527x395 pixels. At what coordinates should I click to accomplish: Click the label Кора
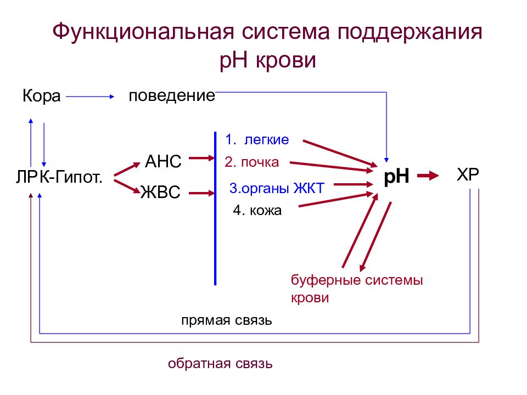[x=41, y=97]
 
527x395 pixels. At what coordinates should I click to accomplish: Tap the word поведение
[x=172, y=96]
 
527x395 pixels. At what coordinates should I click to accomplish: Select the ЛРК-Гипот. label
[x=59, y=177]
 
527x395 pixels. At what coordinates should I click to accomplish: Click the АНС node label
[x=163, y=161]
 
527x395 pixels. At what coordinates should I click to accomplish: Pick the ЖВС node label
[x=160, y=192]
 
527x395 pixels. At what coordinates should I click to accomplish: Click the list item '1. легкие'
[x=257, y=140]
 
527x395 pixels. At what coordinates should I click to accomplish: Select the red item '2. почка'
[x=251, y=162]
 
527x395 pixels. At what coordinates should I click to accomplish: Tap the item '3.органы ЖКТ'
[x=277, y=188]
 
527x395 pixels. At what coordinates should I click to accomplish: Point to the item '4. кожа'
[x=257, y=211]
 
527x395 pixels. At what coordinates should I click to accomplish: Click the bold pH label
[x=396, y=176]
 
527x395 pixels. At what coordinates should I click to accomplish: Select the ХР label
[x=468, y=174]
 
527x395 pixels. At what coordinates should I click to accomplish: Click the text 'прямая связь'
[x=227, y=320]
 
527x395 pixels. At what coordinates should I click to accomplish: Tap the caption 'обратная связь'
[x=220, y=363]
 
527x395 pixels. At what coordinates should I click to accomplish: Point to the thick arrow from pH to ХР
[x=428, y=176]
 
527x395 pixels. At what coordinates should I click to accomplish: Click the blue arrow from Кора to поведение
[x=90, y=97]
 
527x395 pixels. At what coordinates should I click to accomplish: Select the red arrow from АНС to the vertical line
[x=201, y=158]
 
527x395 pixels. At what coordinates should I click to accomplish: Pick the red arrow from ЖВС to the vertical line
[x=201, y=193]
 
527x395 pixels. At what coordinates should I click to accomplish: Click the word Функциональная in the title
[x=143, y=32]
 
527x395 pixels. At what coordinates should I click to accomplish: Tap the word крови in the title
[x=286, y=60]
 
